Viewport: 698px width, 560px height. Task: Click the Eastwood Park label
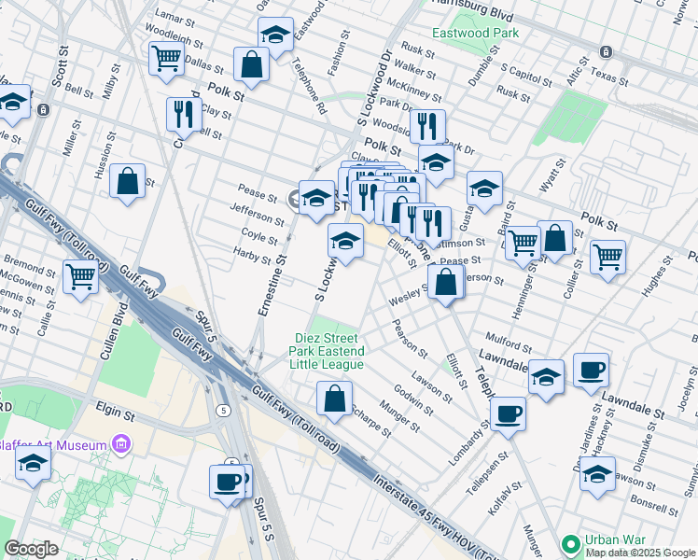(x=475, y=33)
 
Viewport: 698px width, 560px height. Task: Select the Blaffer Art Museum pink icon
(x=120, y=445)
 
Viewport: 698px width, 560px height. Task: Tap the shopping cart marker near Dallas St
(x=166, y=58)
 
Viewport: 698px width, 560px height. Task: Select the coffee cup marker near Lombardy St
(x=508, y=413)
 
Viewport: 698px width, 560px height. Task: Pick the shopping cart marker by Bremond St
(x=81, y=276)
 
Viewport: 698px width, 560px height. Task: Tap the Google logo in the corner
(x=32, y=549)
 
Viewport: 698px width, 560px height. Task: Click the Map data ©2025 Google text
(x=641, y=553)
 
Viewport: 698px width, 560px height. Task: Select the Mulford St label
(x=506, y=339)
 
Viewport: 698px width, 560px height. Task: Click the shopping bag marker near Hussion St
(x=128, y=181)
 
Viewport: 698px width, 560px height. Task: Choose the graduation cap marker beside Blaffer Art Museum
(x=34, y=466)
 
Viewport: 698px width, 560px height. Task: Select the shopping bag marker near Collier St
(x=554, y=239)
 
